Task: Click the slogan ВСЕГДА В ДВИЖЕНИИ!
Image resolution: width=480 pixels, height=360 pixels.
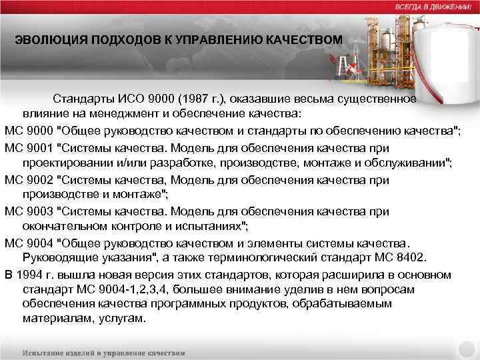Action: coord(433,5)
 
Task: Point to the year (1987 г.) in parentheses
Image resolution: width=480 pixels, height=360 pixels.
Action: coord(203,99)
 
